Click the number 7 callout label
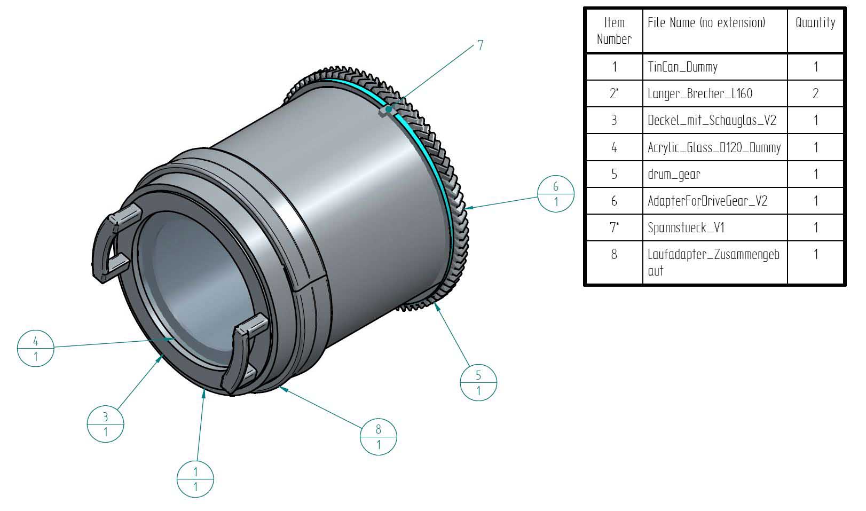[480, 45]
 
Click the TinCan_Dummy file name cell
[682, 67]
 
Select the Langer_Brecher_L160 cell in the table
[700, 93]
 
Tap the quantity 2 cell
[815, 93]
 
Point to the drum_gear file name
[674, 174]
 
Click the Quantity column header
[815, 23]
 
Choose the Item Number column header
[614, 30]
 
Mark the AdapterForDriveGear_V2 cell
[707, 201]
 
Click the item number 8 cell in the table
[614, 254]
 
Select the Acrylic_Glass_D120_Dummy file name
[714, 148]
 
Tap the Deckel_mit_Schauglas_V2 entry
[712, 121]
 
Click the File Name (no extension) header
[706, 23]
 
